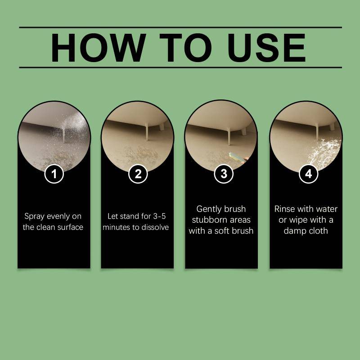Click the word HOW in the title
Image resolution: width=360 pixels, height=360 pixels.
pyautogui.click(x=98, y=48)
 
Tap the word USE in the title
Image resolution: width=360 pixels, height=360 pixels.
pyautogui.click(x=266, y=48)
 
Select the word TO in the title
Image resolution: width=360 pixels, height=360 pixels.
pyautogui.click(x=185, y=48)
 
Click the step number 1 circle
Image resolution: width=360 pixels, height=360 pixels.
pyautogui.click(x=54, y=174)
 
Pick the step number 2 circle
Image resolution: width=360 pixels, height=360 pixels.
pyautogui.click(x=138, y=174)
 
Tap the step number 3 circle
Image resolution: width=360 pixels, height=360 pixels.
pyautogui.click(x=224, y=174)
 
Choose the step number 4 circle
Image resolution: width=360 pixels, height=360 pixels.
pyautogui.click(x=309, y=174)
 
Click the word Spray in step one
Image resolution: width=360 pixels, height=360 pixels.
pyautogui.click(x=34, y=216)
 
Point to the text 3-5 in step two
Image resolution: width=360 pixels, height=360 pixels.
pyautogui.click(x=159, y=216)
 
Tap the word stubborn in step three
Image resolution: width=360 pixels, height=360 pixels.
pyautogui.click(x=208, y=220)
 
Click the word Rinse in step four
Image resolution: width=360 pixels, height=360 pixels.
pyautogui.click(x=284, y=209)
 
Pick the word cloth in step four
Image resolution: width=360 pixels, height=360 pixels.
pyautogui.click(x=318, y=230)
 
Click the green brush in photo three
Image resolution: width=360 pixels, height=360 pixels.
pyautogui.click(x=237, y=158)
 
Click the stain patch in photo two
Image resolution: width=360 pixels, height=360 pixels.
pyautogui.click(x=140, y=154)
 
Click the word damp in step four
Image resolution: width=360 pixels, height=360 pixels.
pyautogui.click(x=294, y=231)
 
